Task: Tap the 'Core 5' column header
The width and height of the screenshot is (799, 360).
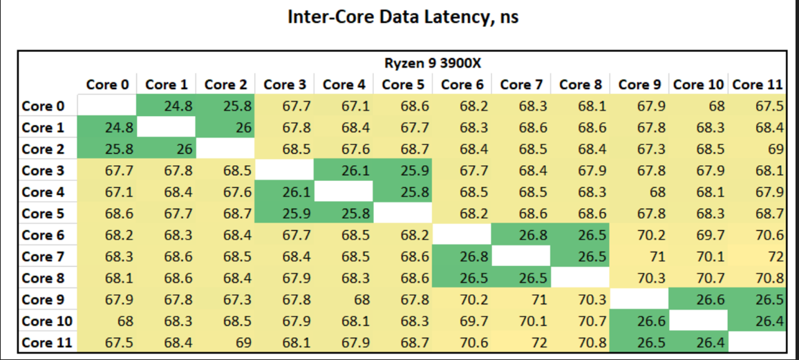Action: tap(402, 84)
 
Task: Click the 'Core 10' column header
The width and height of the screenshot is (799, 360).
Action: tap(698, 84)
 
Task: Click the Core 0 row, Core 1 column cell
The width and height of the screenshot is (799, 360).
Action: tap(166, 106)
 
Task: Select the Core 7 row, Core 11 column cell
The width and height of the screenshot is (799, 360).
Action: tap(757, 256)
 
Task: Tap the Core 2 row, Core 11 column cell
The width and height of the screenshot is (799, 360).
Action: tap(757, 149)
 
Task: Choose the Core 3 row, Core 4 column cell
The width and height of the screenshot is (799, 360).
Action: tap(344, 170)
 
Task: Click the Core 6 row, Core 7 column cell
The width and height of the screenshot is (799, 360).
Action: tap(520, 235)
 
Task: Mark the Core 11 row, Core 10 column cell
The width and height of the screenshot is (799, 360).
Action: tap(698, 343)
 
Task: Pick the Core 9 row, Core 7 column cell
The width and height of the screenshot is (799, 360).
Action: tap(520, 299)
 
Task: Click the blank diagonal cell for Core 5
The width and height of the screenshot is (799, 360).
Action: tap(402, 214)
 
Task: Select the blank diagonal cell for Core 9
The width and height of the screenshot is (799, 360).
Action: tap(639, 299)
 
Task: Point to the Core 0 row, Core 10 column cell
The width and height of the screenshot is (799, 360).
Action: tap(698, 106)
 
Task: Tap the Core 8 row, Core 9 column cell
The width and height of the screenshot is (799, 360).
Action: tap(639, 278)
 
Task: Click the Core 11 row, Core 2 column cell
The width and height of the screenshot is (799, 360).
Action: tap(225, 343)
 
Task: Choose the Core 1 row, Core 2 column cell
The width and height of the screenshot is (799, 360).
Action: tap(225, 127)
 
